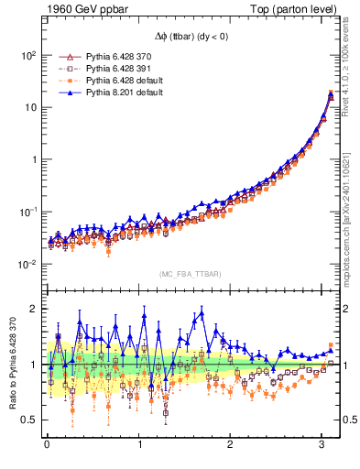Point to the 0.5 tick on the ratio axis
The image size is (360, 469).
click(x=29, y=420)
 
